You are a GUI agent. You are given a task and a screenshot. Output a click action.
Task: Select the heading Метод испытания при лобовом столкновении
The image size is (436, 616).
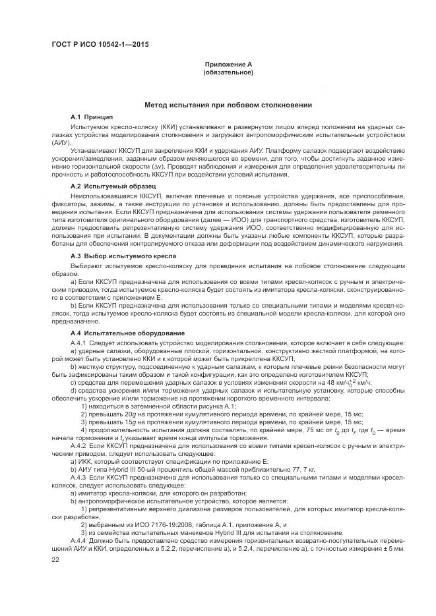coord(228,105)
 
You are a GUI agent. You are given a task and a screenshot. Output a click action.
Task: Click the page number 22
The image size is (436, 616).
coord(55,559)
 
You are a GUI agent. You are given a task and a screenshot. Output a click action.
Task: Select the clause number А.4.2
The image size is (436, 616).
coord(78,447)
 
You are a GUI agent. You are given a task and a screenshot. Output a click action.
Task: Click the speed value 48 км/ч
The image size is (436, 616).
coord(355,383)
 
